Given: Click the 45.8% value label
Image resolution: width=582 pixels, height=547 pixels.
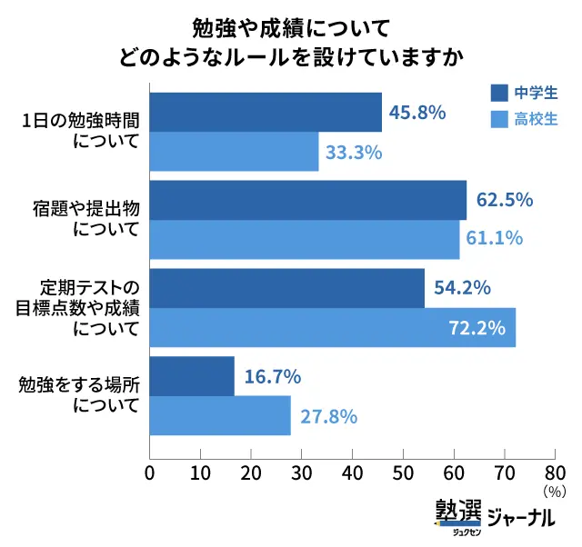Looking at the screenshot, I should pyautogui.click(x=417, y=113).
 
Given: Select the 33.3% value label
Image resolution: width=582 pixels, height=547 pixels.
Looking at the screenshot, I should pyautogui.click(x=353, y=152).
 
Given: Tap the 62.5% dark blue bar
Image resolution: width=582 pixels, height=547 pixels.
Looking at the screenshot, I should pyautogui.click(x=307, y=201).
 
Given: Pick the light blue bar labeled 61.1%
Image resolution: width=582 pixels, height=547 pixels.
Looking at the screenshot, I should pyautogui.click(x=304, y=240).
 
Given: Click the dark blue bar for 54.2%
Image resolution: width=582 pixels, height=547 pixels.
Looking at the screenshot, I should pyautogui.click(x=286, y=288).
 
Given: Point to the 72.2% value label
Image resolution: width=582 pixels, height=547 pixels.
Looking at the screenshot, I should pyautogui.click(x=477, y=327).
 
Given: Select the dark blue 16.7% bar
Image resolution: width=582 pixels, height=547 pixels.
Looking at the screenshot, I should pyautogui.click(x=191, y=377).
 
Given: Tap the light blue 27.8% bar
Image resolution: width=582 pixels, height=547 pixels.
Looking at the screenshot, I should pyautogui.click(x=219, y=416).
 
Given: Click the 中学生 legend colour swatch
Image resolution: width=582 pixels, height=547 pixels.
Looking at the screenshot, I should pyautogui.click(x=498, y=92).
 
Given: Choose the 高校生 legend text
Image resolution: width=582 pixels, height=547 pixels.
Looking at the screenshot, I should pyautogui.click(x=537, y=119).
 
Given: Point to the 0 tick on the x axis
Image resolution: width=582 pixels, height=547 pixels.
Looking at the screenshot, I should pyautogui.click(x=149, y=472).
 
